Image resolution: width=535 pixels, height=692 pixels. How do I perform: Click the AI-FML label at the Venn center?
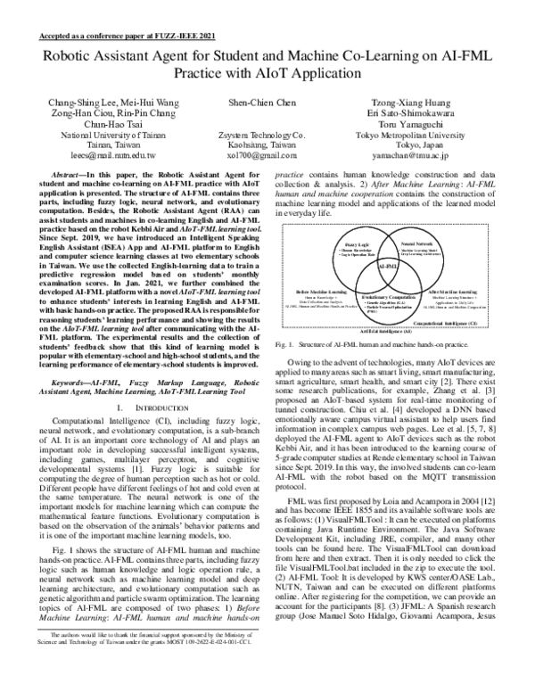click(388, 266)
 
